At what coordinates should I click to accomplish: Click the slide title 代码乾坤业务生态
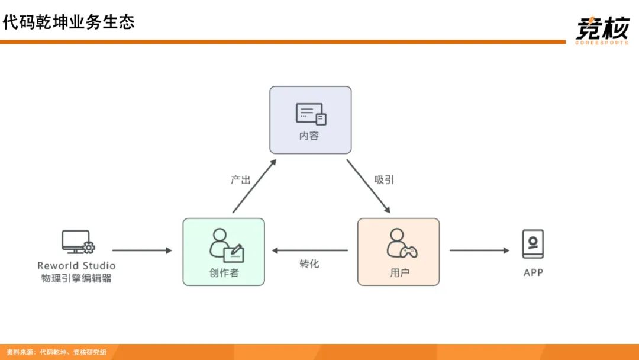click(x=69, y=22)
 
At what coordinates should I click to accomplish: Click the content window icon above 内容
click(x=311, y=114)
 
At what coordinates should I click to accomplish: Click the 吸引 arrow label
click(x=384, y=179)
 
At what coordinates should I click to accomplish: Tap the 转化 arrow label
click(x=309, y=263)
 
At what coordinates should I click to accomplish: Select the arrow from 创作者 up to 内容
click(x=254, y=186)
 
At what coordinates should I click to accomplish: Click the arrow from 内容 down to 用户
click(x=368, y=186)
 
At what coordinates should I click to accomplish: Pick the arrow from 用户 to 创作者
click(x=310, y=250)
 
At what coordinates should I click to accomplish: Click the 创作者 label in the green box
click(x=224, y=273)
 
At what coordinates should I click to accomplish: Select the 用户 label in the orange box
click(x=399, y=273)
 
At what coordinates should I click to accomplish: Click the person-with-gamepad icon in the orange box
click(x=401, y=244)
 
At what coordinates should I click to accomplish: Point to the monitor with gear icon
click(x=78, y=242)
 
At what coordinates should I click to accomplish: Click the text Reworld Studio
click(x=76, y=266)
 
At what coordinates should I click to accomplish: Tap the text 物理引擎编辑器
click(x=76, y=278)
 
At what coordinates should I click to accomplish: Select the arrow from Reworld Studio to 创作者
click(x=142, y=250)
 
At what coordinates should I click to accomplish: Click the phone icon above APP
click(x=532, y=244)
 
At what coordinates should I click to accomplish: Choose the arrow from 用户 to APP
click(x=479, y=250)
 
